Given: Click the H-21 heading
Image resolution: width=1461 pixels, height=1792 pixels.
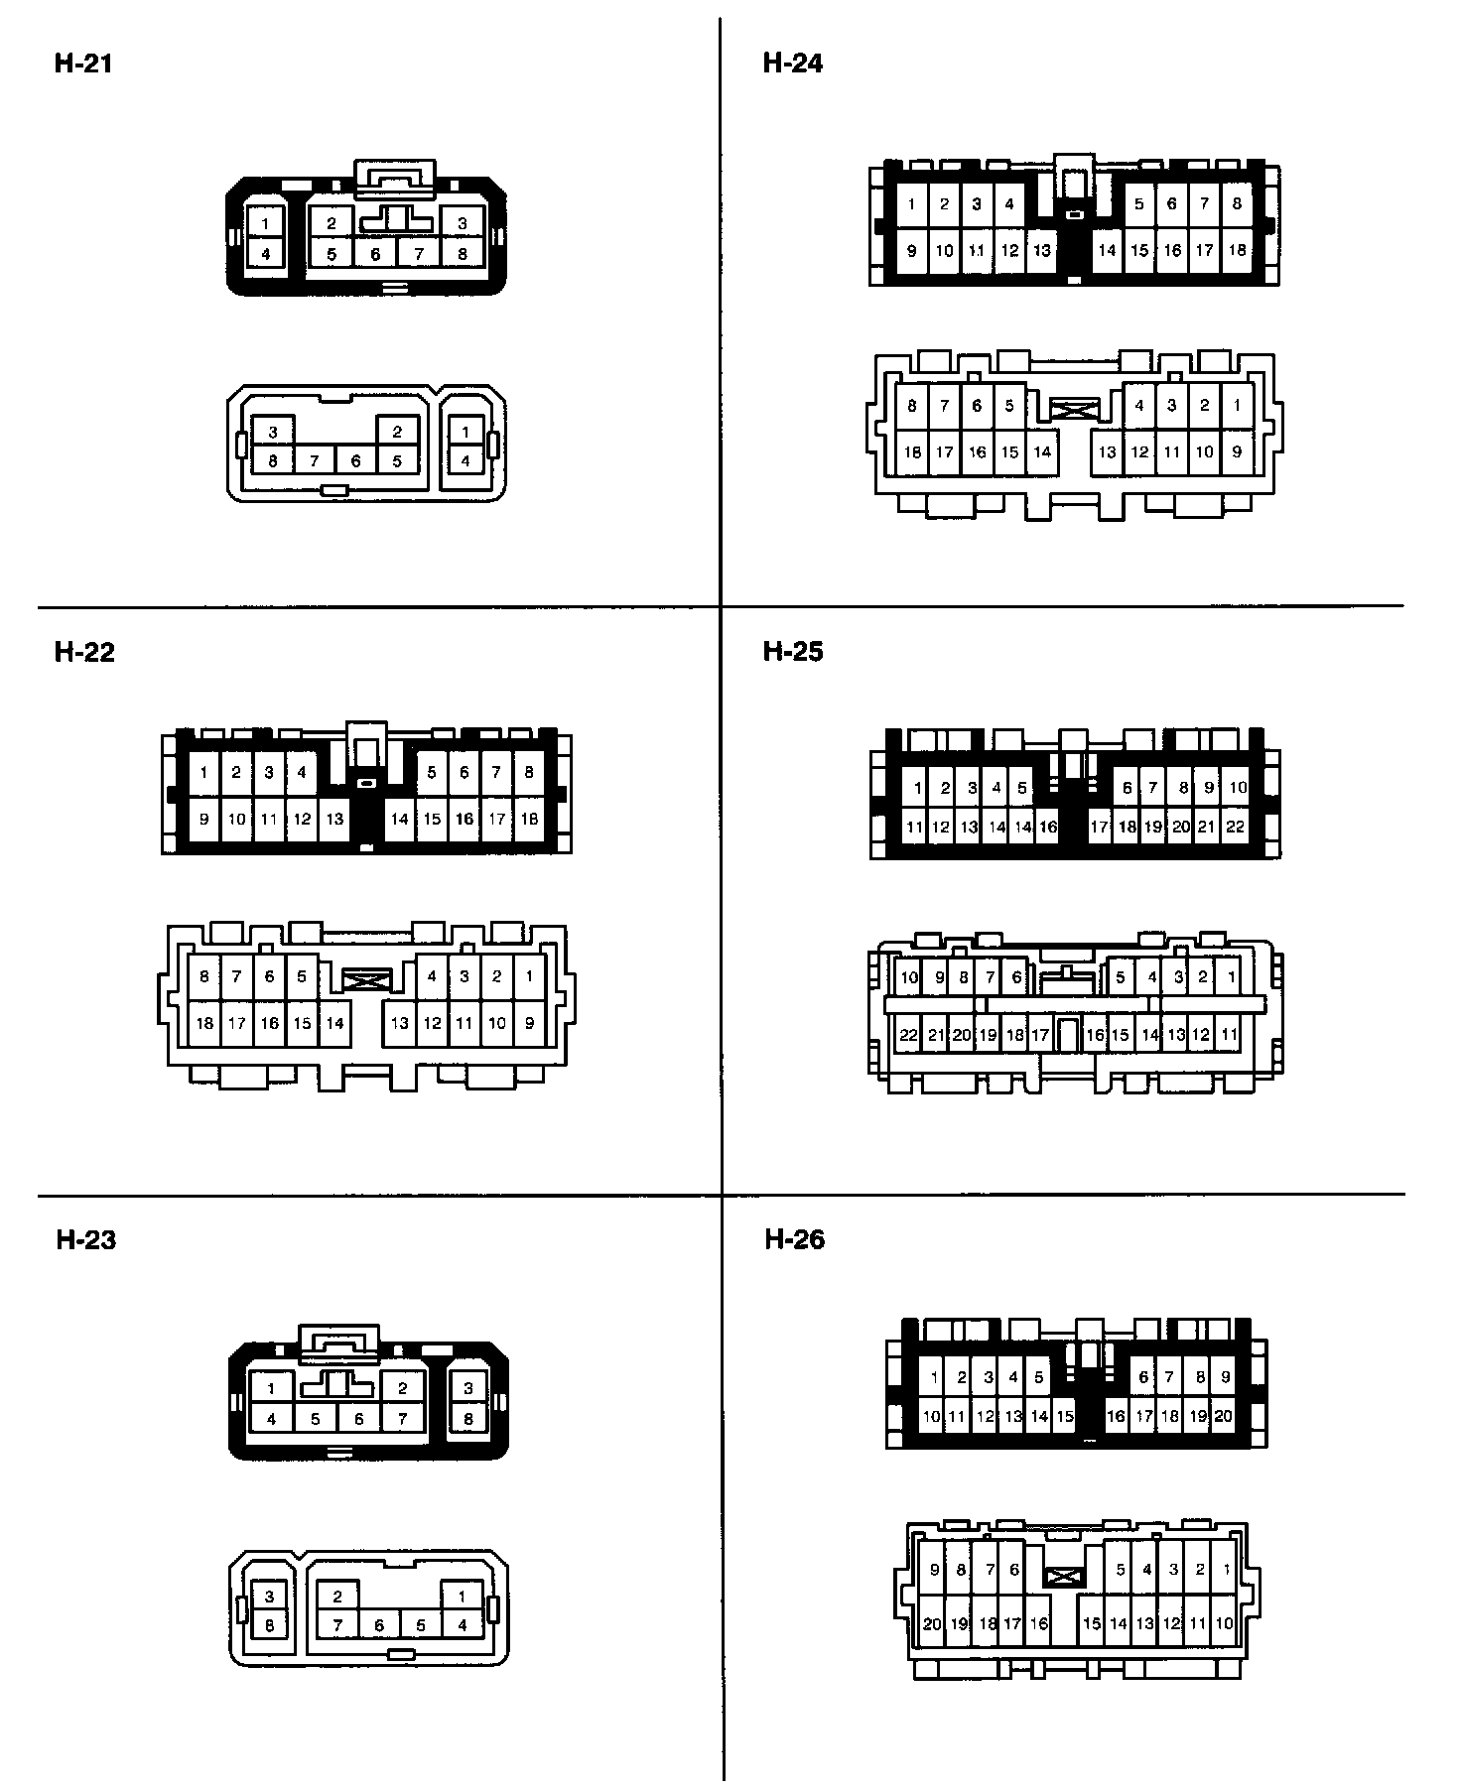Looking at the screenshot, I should tap(83, 64).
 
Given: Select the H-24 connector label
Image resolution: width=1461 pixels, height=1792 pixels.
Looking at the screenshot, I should tap(793, 64).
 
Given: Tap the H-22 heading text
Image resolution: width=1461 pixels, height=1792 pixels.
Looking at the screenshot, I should tap(84, 652).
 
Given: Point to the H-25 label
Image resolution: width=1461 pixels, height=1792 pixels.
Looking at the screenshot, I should tap(793, 652).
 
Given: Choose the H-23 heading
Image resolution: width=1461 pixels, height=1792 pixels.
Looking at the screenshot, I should tap(86, 1239).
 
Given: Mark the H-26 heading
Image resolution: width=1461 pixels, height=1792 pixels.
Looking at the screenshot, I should tap(795, 1239).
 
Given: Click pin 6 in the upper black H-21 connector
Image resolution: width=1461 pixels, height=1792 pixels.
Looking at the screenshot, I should tap(375, 254).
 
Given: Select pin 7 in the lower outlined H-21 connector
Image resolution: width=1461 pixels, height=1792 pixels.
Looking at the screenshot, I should tap(315, 461).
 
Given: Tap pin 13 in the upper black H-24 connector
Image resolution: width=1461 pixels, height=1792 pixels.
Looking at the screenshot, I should tap(1041, 251).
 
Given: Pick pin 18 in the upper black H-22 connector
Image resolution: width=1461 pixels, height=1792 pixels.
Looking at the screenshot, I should tap(529, 820).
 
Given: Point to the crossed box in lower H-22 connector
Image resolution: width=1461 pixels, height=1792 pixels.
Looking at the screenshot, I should tap(367, 980).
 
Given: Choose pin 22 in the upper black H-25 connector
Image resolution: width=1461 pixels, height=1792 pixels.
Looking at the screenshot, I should tap(1235, 827).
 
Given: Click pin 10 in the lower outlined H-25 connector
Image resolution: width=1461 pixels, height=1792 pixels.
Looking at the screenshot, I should tap(909, 977).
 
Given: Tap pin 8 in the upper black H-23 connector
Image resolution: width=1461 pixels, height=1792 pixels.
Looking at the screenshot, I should tap(468, 1419).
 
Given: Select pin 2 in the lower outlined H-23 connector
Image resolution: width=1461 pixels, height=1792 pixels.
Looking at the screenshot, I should tap(338, 1597).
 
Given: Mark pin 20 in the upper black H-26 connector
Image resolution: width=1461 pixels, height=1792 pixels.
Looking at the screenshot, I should tap(1223, 1416).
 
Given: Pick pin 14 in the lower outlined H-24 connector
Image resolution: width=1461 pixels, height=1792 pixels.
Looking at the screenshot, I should tap(1042, 452).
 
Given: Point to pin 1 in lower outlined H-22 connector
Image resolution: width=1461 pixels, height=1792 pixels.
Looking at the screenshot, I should tap(529, 976).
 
